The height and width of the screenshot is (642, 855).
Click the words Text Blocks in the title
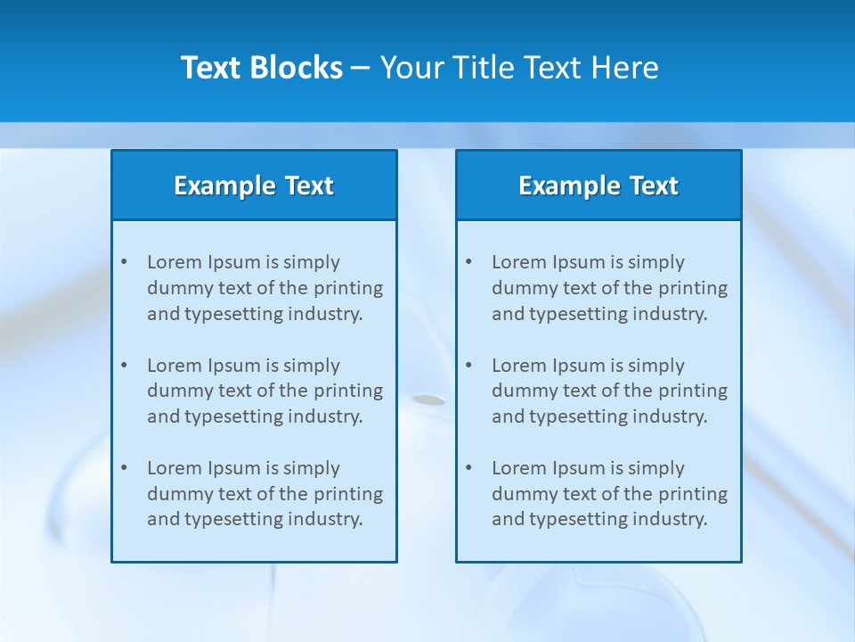tap(261, 68)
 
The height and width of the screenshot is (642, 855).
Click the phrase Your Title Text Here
tap(519, 68)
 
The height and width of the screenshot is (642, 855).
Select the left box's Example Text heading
tap(254, 185)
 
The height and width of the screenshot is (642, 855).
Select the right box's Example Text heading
tap(598, 185)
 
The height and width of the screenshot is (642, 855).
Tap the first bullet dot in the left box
tap(124, 262)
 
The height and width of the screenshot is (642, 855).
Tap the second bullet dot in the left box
tap(124, 366)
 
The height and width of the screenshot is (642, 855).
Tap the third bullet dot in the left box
tap(124, 468)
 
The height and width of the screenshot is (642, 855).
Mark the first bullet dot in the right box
tap(468, 262)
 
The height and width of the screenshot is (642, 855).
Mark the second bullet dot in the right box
tap(468, 366)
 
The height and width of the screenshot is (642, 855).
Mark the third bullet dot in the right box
tap(468, 468)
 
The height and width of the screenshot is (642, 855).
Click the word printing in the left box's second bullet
tap(349, 391)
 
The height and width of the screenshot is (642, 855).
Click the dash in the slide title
tap(361, 69)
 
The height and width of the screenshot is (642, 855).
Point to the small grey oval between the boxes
tap(429, 400)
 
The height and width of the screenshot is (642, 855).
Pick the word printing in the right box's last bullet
tap(694, 494)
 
